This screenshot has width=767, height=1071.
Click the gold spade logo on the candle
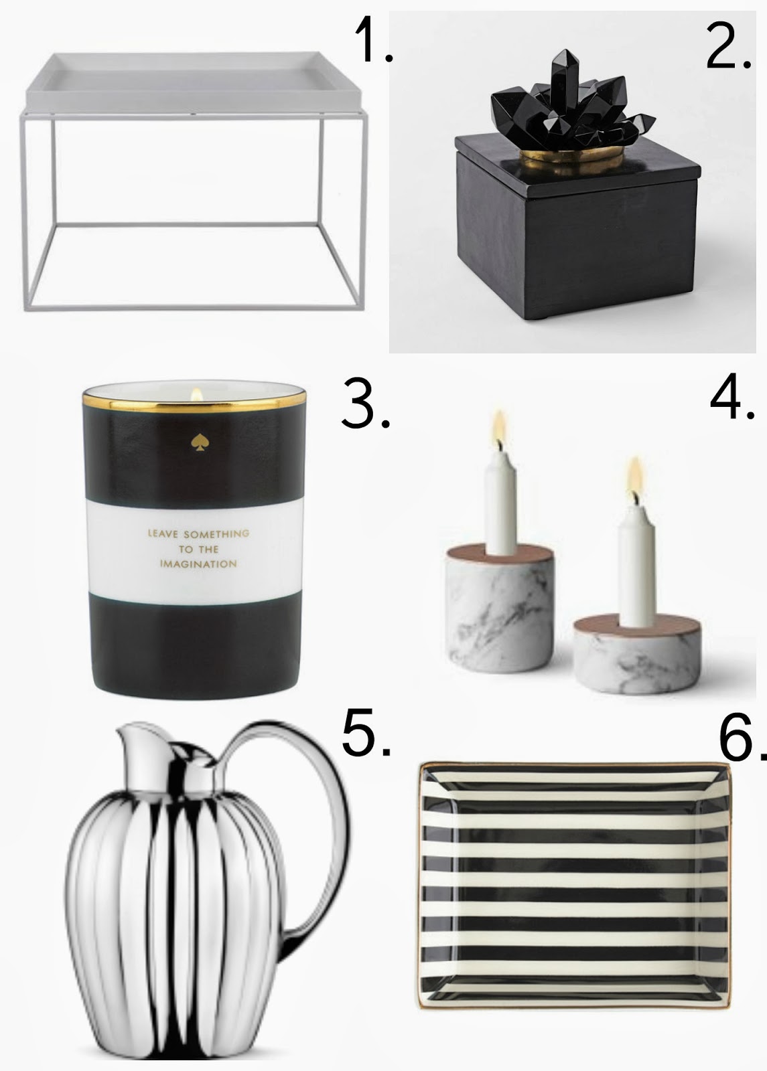(197, 442)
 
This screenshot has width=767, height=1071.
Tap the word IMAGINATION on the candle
(198, 564)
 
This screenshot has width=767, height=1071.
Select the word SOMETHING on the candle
(216, 533)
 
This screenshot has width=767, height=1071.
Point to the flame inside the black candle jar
(196, 394)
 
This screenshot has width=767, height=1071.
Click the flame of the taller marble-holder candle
(499, 426)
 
